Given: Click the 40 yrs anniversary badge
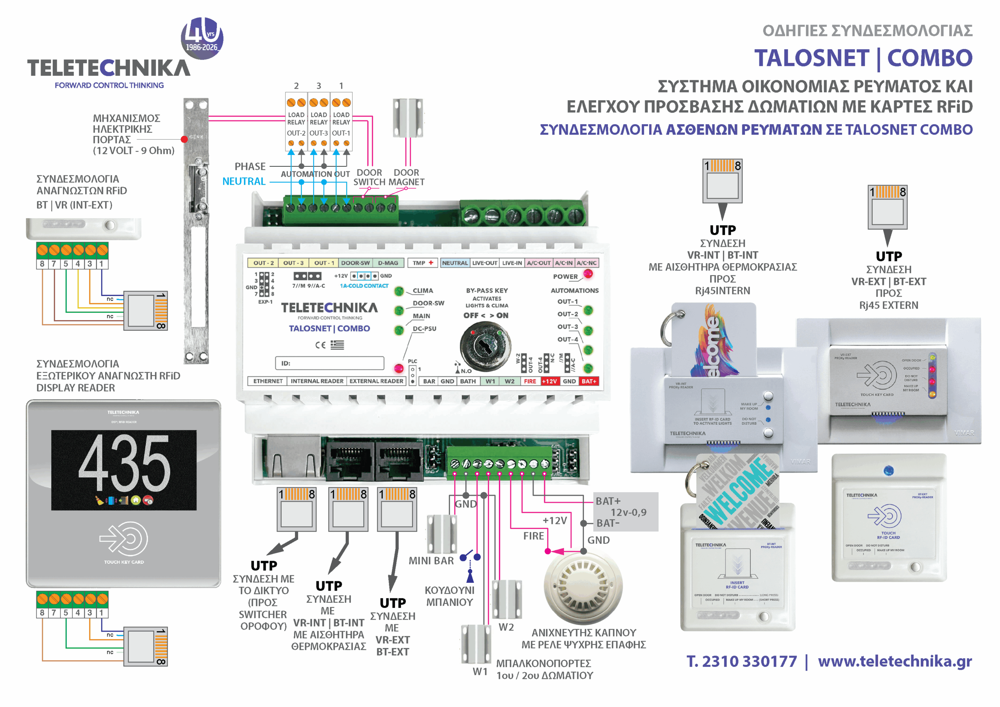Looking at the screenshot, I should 202,38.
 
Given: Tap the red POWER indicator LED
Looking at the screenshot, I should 588,274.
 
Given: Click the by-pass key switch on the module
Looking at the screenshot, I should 485,346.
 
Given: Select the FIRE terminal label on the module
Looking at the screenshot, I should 530,381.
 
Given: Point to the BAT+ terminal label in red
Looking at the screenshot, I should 589,381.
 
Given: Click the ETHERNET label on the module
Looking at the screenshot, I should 268,381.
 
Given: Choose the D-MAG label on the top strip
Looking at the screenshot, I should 387,263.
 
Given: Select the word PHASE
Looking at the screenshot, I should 250,166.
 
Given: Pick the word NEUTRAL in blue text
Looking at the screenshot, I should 244,182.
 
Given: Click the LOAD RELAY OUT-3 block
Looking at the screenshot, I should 318,122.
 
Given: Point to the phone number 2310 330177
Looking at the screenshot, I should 749,661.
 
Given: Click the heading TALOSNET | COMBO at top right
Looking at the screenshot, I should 863,58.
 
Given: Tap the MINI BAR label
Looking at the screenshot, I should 431,561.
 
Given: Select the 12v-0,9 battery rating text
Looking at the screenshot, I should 628,513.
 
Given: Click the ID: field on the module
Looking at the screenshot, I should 329,363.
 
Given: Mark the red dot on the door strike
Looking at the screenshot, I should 184,139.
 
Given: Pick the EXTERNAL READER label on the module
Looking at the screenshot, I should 376,381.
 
